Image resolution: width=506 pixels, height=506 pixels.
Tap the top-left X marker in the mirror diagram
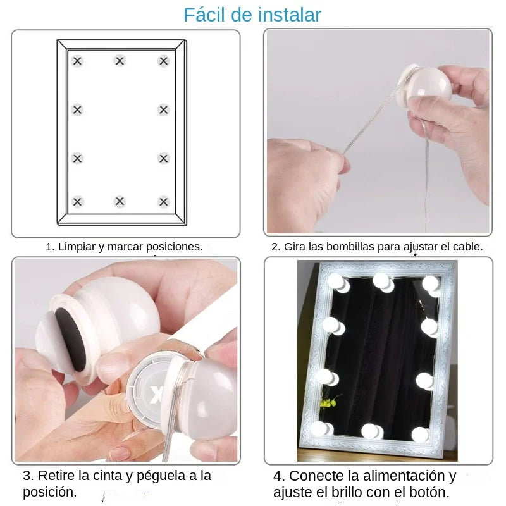pyautogui.click(x=77, y=61)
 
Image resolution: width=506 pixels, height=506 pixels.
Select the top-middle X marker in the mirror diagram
pyautogui.click(x=120, y=61)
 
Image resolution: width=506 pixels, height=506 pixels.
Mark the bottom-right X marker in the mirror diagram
pyautogui.click(x=164, y=202)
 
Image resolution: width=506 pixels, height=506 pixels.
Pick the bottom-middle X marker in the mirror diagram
pyautogui.click(x=120, y=202)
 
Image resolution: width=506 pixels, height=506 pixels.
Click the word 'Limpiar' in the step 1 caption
pyautogui.click(x=77, y=247)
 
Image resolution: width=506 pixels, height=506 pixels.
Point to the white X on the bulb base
pyautogui.click(x=157, y=396)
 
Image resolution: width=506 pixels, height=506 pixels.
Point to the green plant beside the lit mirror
pyautogui.click(x=328, y=402)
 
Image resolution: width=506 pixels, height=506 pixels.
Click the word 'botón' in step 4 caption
pyautogui.click(x=429, y=491)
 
